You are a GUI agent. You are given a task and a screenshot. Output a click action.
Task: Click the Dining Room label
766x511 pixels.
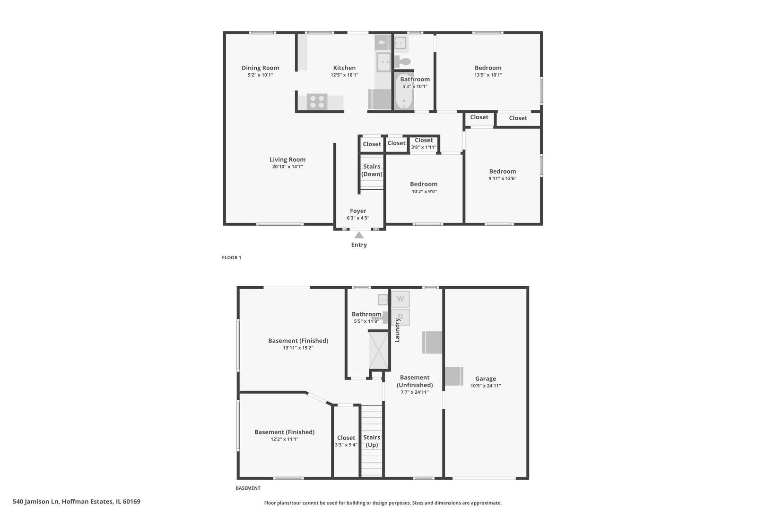(260, 68)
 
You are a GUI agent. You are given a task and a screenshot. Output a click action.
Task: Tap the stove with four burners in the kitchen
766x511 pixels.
(317, 102)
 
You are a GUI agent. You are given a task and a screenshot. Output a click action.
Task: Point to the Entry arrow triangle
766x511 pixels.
(359, 235)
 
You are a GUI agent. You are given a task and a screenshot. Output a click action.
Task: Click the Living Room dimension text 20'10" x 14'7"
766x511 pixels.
(287, 167)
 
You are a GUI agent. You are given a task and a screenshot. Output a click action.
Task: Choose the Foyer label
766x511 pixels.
(358, 211)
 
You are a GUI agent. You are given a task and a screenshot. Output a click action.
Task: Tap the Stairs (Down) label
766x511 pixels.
(372, 170)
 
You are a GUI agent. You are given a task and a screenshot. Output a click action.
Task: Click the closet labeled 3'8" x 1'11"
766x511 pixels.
(424, 144)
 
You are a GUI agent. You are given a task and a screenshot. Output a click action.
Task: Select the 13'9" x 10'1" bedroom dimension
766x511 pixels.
(488, 75)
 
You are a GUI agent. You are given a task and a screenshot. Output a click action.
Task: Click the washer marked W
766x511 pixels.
(400, 299)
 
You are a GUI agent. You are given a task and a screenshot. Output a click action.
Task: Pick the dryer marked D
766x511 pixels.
(400, 317)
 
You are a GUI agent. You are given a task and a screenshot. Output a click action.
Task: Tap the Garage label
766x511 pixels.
(485, 379)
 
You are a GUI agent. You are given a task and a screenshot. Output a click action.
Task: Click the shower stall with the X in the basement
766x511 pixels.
(379, 350)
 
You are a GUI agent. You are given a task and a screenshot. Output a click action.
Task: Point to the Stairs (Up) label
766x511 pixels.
(372, 441)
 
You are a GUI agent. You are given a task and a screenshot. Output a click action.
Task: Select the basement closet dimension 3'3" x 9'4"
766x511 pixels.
(346, 445)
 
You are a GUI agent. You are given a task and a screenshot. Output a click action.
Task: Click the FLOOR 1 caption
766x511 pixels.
(232, 257)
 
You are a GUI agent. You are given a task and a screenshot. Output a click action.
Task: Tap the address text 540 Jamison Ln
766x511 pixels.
(35, 502)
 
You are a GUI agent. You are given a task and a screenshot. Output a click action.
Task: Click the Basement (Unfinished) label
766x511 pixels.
(415, 381)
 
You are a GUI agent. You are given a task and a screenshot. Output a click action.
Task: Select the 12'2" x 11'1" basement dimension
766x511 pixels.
(285, 439)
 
